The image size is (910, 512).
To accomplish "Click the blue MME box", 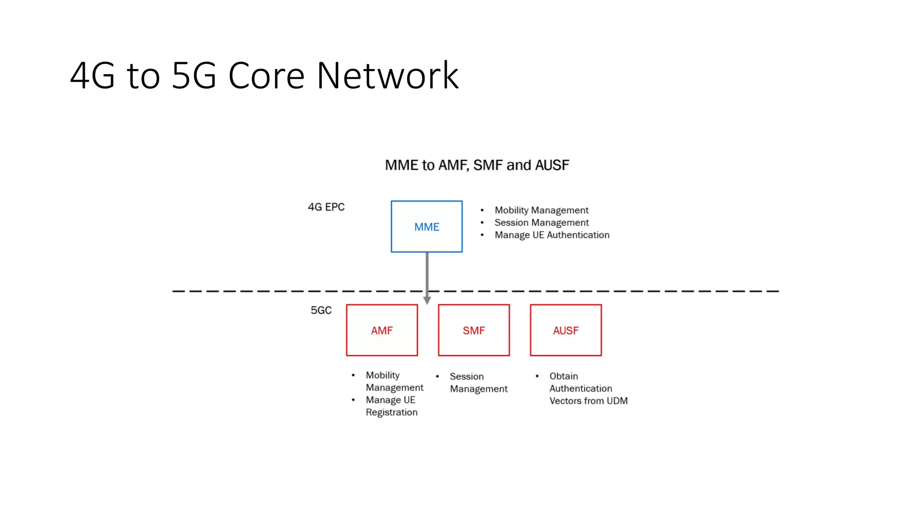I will coord(427,227).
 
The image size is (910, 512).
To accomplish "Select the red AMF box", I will coord(382,330).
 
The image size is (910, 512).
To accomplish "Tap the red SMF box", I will coord(474,330).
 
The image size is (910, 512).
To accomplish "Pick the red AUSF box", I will coord(566,330).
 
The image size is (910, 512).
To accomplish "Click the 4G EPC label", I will coord(326,207).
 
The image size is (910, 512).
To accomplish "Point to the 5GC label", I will coord(321,310).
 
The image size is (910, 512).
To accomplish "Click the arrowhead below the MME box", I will coord(427,301).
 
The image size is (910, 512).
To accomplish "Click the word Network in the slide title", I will coord(387,76).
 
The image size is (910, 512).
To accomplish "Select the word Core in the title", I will coord(266,76).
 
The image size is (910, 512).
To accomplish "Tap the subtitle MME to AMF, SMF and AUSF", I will coord(477,165).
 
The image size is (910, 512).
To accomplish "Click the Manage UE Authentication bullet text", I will coord(552,235).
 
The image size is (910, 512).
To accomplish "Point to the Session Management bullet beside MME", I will coord(542,223).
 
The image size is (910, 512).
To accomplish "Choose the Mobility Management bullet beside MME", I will coord(541,210).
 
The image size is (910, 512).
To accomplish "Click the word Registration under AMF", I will coord(391,412).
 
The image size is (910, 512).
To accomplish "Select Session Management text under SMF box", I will coord(478,383).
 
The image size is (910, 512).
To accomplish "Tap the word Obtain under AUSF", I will coord(563,376).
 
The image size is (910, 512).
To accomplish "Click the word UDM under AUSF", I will coord(617,401).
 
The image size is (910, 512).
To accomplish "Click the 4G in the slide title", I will coord(92,76).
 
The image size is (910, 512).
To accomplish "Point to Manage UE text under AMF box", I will coord(390,400).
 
